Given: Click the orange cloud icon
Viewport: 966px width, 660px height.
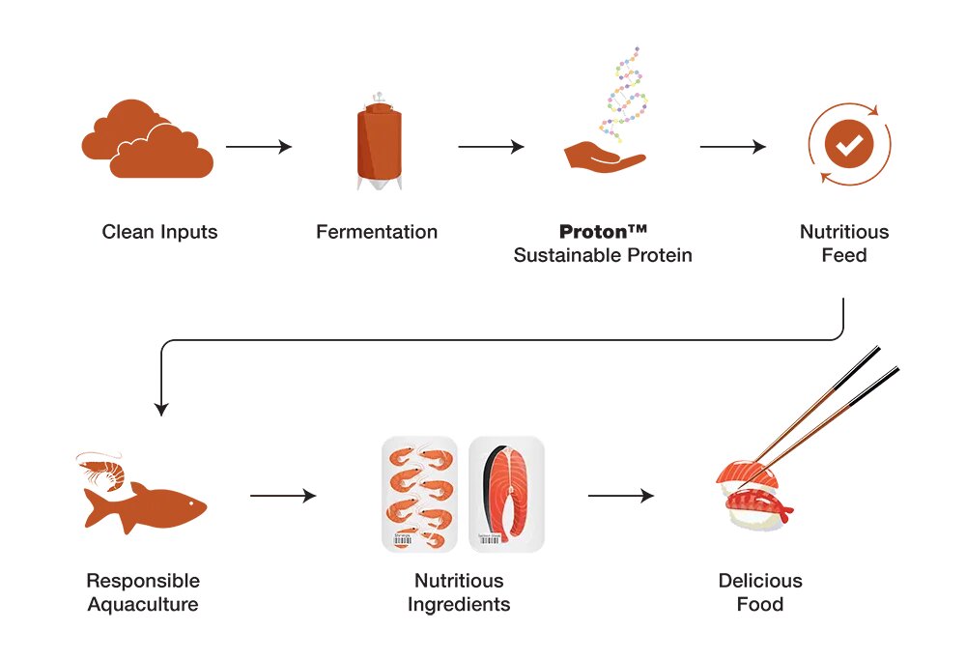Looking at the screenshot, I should (147, 143).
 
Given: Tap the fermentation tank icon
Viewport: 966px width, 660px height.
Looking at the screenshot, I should (377, 145).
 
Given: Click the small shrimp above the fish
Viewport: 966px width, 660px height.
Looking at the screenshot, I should (102, 471).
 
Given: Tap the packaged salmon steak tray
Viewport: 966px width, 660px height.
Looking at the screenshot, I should (506, 495).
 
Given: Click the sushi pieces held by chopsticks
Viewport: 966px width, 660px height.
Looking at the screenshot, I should (753, 493).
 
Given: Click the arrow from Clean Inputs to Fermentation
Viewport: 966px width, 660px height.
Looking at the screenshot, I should (259, 147).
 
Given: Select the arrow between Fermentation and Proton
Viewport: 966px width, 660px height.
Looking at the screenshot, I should (491, 147).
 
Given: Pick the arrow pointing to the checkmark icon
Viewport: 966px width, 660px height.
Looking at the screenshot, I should (732, 147).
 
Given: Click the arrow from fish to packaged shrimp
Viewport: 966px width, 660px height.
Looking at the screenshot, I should (283, 496).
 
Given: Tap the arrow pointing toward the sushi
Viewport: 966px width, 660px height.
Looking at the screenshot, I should (621, 496).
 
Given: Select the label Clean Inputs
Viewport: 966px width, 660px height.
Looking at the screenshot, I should (160, 232).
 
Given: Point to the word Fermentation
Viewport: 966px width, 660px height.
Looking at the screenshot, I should (377, 232).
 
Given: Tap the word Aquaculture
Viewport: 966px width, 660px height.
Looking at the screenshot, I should (143, 605).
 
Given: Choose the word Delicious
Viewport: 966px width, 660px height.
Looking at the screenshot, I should (760, 581).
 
